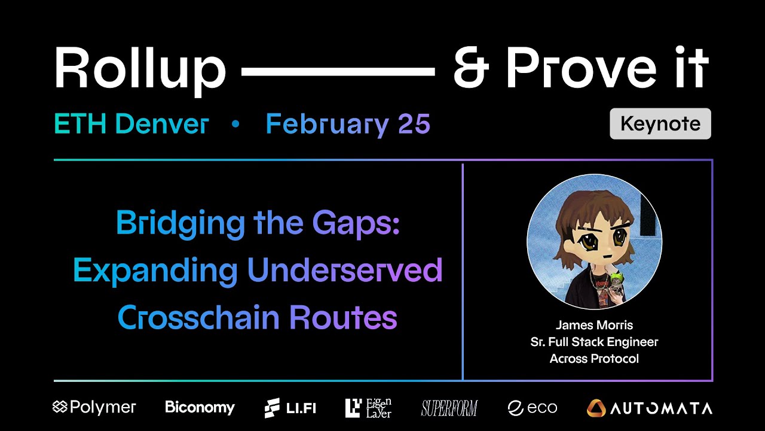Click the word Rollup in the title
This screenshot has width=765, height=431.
(x=140, y=68)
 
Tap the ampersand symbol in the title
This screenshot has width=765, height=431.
(x=471, y=68)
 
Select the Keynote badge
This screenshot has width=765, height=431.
(x=660, y=124)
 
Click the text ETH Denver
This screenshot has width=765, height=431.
(x=131, y=124)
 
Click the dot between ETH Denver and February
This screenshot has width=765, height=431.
(x=235, y=125)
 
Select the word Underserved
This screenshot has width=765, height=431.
(x=345, y=271)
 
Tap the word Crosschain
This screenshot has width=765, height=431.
(x=200, y=317)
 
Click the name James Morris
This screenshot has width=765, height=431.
(x=594, y=325)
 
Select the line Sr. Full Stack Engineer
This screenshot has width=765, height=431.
(x=594, y=342)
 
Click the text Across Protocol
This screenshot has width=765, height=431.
(x=594, y=359)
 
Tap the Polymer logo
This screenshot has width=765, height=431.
(x=94, y=408)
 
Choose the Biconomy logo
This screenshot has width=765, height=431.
(x=200, y=408)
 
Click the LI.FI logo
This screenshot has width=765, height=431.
(x=290, y=408)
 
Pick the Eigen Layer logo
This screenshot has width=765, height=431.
(x=368, y=408)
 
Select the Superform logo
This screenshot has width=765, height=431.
(x=449, y=408)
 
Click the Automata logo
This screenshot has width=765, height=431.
(x=649, y=408)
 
